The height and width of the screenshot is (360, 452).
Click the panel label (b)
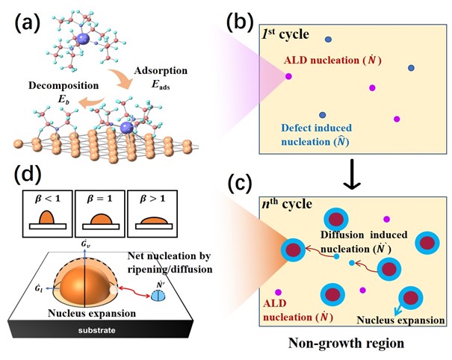(241, 21)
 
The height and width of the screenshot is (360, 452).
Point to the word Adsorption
(154, 73)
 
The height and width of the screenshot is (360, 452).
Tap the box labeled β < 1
(47, 214)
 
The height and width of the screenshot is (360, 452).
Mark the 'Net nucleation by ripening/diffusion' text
(184, 258)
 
